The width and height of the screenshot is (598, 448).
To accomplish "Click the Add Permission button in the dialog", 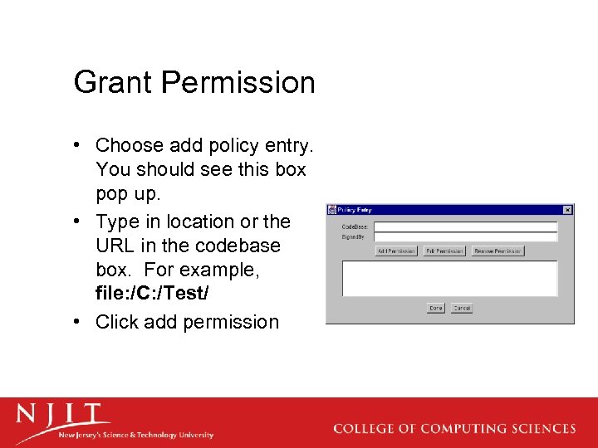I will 396,251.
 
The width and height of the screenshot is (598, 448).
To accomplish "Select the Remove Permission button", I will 498,251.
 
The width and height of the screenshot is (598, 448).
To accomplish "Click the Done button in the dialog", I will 436,308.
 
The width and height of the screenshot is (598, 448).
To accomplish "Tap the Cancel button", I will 462,308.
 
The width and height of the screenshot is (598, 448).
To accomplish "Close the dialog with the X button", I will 567,210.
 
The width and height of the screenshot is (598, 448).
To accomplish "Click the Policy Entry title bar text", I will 355,211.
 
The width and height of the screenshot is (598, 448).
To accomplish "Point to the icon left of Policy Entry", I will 332,211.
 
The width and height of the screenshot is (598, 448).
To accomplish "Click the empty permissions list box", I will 449,279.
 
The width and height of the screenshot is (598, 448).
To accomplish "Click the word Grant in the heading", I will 113,83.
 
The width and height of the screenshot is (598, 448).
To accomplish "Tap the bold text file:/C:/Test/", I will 158,293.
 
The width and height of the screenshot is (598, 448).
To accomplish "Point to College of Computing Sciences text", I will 454,429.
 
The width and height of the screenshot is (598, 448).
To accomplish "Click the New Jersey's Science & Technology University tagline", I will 135,435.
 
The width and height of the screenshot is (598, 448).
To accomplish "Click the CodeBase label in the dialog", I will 355,226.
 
